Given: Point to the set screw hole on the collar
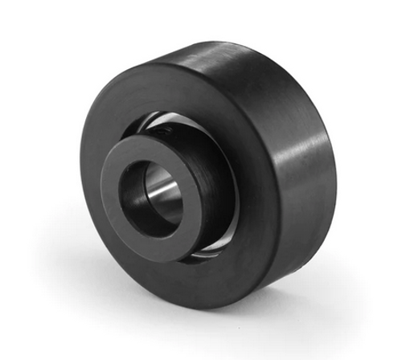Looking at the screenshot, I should pyautogui.click(x=164, y=126).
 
